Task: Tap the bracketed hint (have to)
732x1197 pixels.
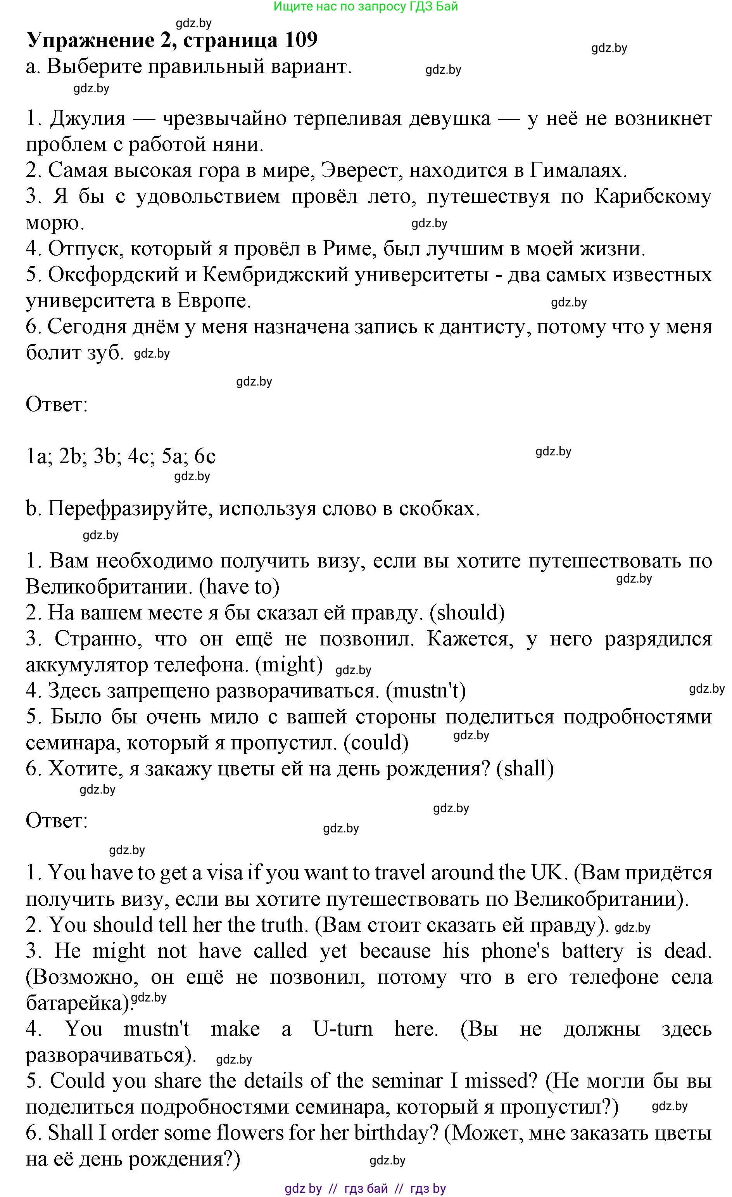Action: point(240,587)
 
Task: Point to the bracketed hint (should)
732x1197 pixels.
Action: point(467,613)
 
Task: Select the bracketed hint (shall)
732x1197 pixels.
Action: point(525,768)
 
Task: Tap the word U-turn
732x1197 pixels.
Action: point(342,1029)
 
